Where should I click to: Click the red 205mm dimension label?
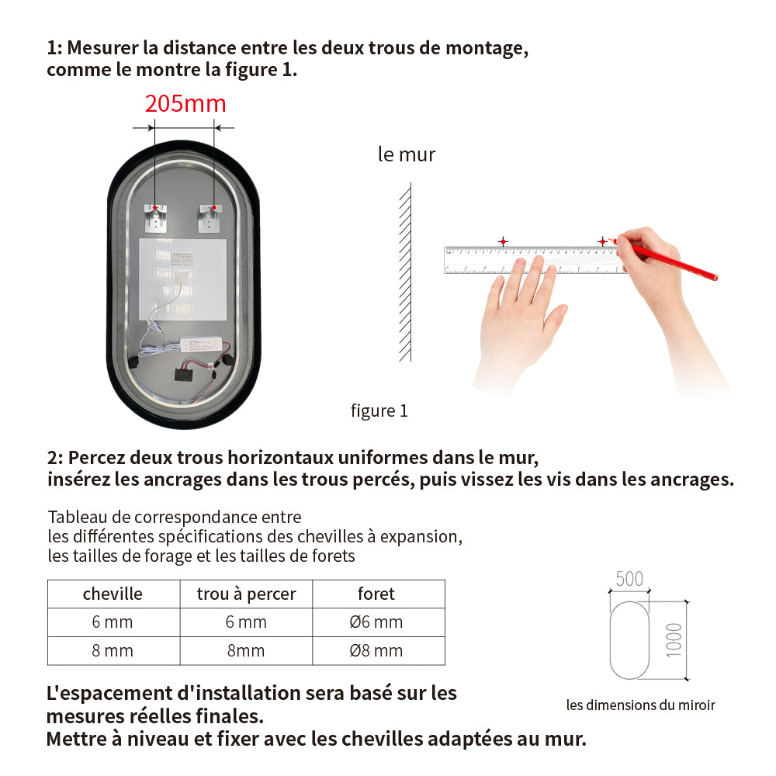[185, 104]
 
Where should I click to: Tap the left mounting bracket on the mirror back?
[155, 218]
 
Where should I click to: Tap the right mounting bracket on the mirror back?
[210, 218]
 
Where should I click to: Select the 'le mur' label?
[407, 154]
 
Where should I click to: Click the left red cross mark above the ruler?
[504, 241]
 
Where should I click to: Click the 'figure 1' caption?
[379, 411]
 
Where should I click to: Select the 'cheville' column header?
[113, 594]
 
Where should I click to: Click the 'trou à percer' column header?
[247, 594]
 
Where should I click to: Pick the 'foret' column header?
[376, 594]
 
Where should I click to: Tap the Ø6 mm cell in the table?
[376, 622]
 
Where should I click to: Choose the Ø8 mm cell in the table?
[376, 651]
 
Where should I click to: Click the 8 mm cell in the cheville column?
[113, 651]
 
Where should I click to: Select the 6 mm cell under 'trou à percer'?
[247, 622]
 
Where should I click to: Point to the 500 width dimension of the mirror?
[629, 579]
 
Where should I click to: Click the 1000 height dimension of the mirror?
[674, 640]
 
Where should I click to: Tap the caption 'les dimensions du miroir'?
[641, 705]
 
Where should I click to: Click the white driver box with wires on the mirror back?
[201, 344]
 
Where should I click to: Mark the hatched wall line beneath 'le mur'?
[406, 272]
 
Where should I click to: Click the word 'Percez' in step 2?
[96, 458]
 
